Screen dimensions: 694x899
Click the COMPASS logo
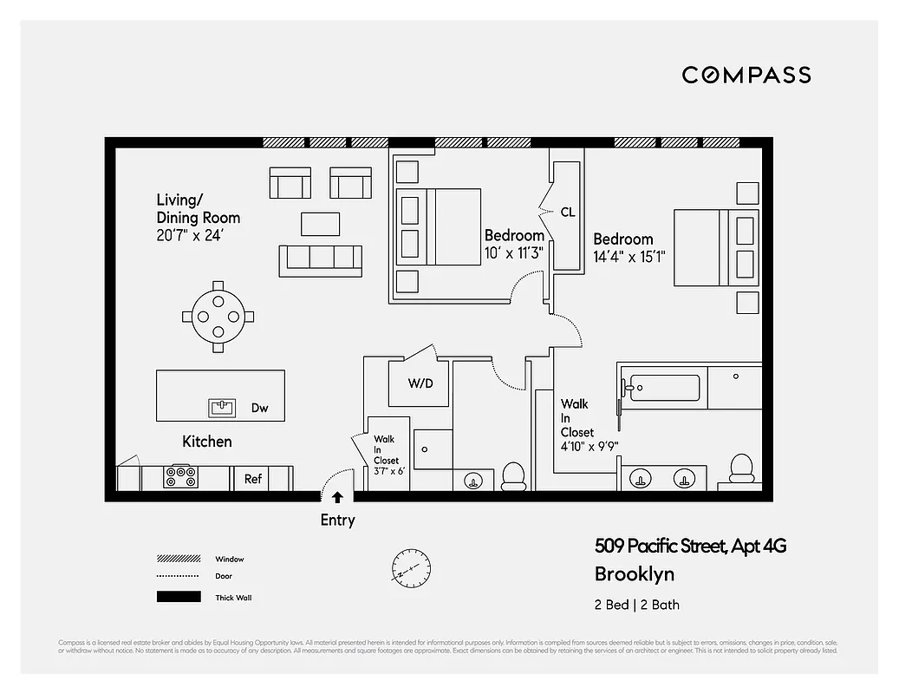[x=746, y=75]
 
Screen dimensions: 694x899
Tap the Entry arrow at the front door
[x=337, y=497]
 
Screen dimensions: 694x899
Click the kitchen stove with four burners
[x=181, y=477]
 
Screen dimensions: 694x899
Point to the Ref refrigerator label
[x=253, y=479]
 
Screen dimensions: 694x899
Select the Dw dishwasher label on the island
[x=259, y=408]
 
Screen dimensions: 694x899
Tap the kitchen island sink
[x=223, y=407]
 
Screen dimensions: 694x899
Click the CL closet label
[x=568, y=212]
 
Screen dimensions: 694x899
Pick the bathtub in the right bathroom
[x=664, y=388]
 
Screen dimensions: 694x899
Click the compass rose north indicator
[x=410, y=569]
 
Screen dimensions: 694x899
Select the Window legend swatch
[x=179, y=559]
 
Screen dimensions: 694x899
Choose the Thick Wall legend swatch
[x=179, y=597]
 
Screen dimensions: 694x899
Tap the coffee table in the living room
[x=320, y=224]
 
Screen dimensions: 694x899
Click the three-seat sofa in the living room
[x=320, y=259]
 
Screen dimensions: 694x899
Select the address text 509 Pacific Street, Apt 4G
[x=690, y=547]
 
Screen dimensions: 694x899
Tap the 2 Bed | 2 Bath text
[x=637, y=605]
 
